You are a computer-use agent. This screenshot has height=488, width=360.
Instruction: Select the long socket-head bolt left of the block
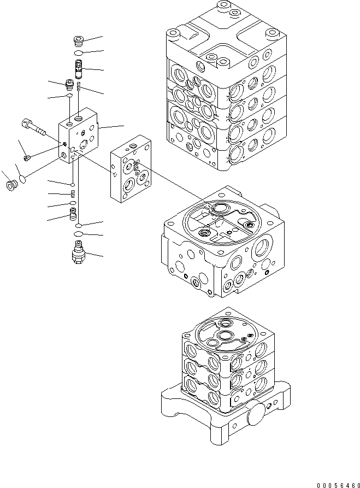tap(34, 127)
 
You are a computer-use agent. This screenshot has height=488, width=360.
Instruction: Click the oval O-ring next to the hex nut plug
tap(22, 179)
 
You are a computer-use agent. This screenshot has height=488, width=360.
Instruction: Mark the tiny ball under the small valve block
tap(73, 184)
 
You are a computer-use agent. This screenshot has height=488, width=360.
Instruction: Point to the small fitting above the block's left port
tap(69, 84)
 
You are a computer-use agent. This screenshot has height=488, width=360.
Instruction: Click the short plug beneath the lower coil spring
tap(73, 214)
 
